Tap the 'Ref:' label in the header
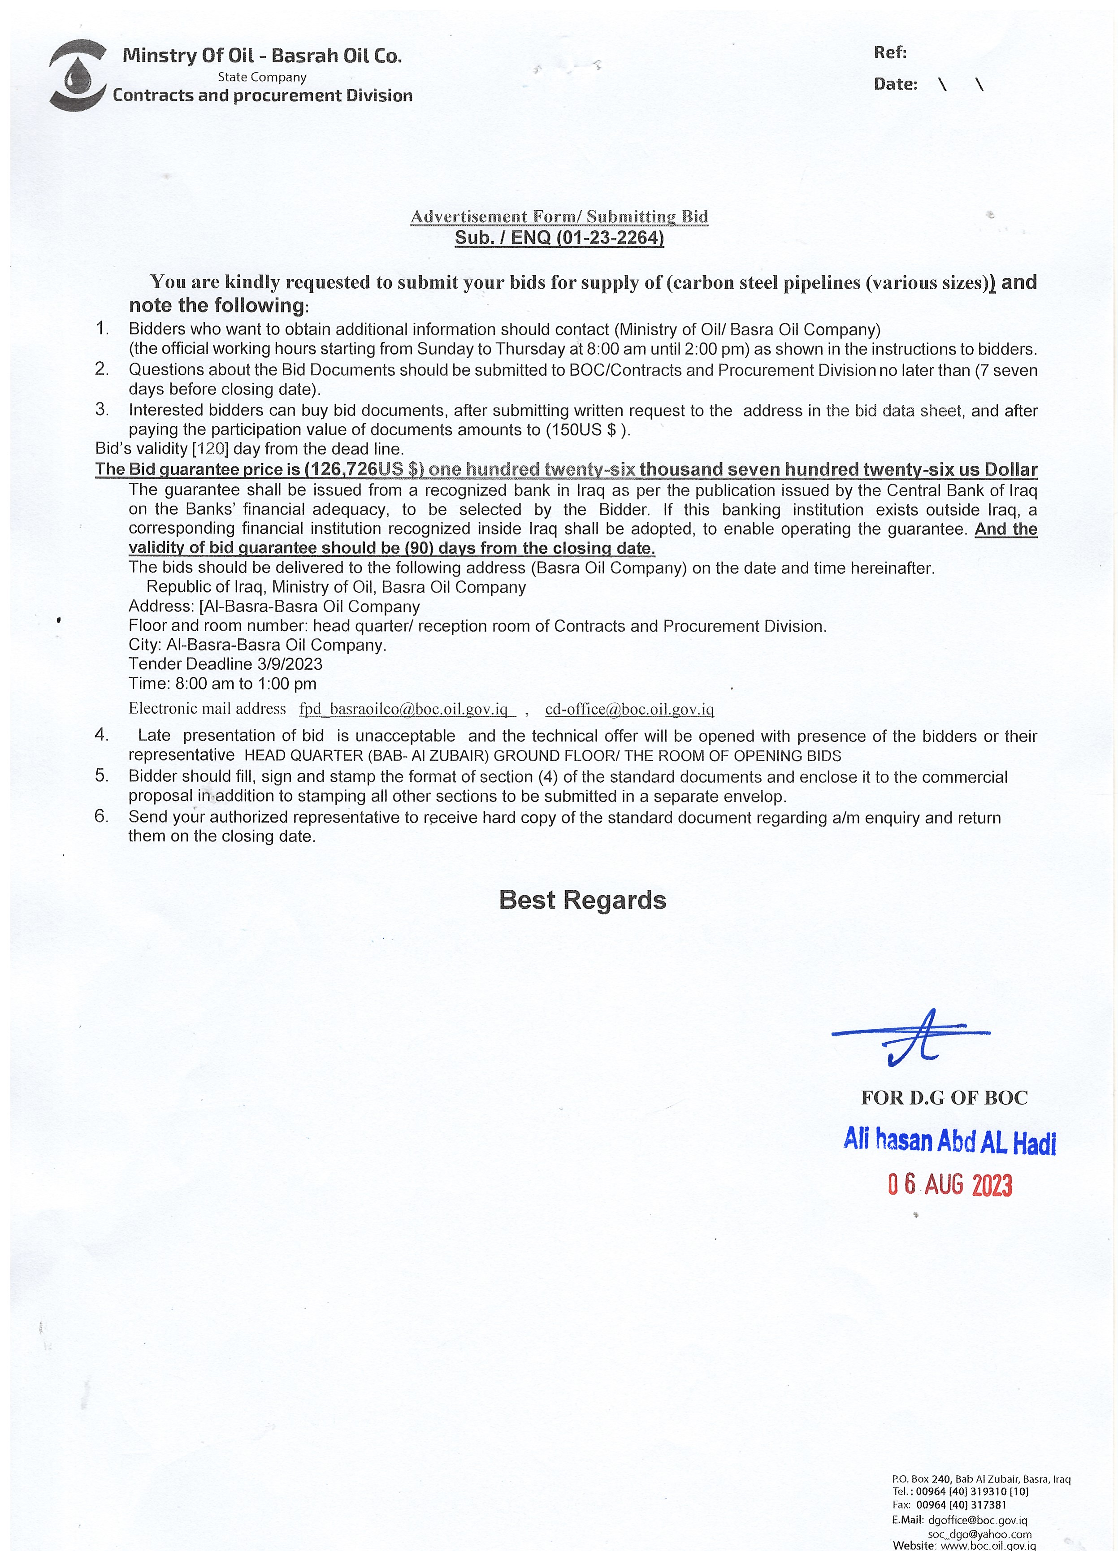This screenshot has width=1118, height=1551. click(x=890, y=52)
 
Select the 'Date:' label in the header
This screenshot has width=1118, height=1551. click(x=895, y=85)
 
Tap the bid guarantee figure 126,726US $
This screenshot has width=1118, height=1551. click(x=363, y=470)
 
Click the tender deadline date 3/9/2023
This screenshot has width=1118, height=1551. click(x=290, y=664)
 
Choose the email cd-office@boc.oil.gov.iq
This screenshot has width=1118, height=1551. click(x=629, y=709)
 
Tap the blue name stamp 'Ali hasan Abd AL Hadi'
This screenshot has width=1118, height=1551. click(x=949, y=1141)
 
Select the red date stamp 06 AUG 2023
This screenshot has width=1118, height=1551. click(x=949, y=1184)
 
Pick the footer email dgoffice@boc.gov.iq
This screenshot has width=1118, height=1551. click(x=977, y=1520)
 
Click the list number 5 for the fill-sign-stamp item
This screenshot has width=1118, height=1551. click(x=102, y=775)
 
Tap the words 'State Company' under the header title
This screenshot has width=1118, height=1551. click(x=262, y=77)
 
